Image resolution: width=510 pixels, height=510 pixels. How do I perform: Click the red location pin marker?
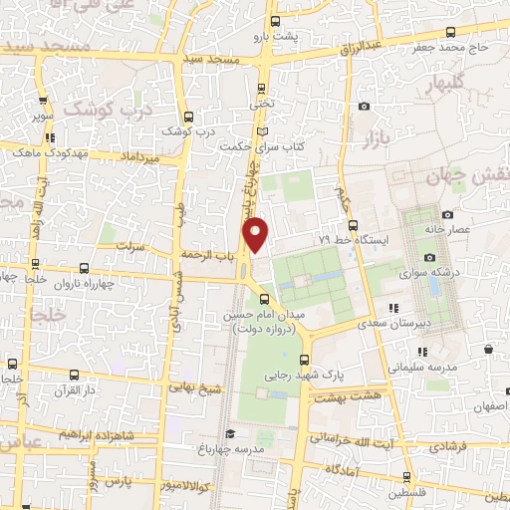tap(257, 235)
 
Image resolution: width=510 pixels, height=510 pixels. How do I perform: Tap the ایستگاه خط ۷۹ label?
tap(362, 240)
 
